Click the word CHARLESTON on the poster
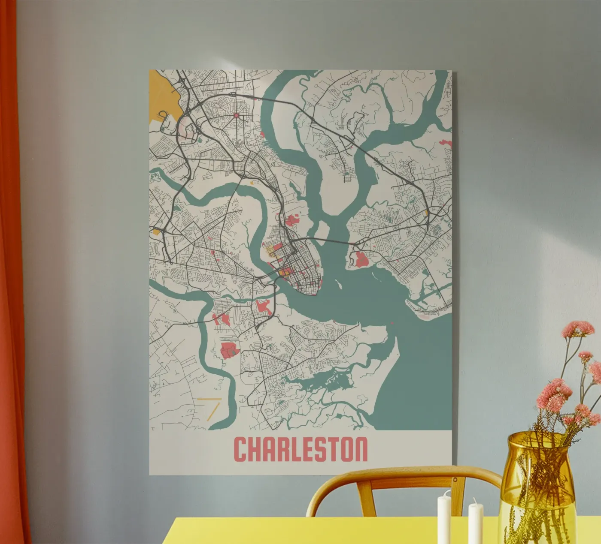[x=300, y=449]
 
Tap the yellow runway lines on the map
[x=212, y=407]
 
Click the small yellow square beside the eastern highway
[x=426, y=212]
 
